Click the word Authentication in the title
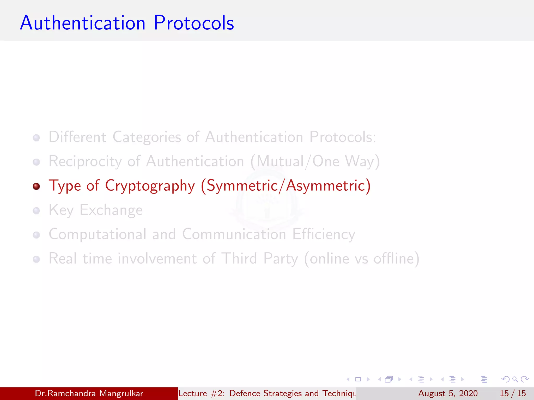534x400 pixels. [x=83, y=23]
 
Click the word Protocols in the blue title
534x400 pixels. [x=194, y=23]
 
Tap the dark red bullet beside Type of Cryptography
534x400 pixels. [x=37, y=186]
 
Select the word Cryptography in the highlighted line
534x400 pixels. [x=150, y=186]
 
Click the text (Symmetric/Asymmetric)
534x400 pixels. [x=286, y=186]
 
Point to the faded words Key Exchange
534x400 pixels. [x=96, y=210]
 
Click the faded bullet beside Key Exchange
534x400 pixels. [x=37, y=211]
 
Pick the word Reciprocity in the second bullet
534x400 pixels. [x=85, y=161]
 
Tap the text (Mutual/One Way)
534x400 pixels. [x=315, y=161]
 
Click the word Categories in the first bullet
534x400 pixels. [x=147, y=137]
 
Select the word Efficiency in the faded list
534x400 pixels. [x=324, y=234]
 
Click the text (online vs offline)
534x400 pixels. [x=362, y=259]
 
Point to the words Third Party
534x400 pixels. [x=259, y=259]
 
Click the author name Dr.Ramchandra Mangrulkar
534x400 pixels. [x=89, y=393]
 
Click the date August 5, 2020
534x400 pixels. [x=448, y=393]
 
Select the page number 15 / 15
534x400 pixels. [x=513, y=393]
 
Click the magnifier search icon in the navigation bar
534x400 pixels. [x=515, y=379]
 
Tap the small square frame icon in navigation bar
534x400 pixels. [x=358, y=379]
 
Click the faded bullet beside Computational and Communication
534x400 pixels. [x=37, y=235]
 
